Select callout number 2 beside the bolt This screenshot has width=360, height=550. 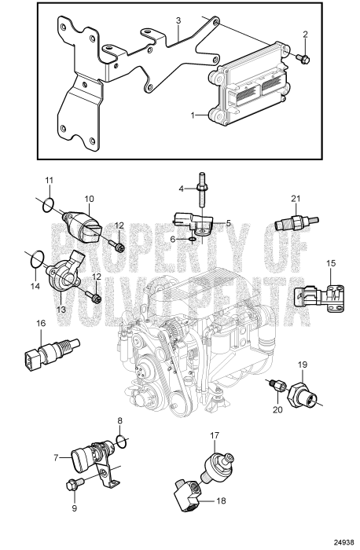pos(305,34)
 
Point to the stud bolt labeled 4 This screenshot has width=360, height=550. pos(202,189)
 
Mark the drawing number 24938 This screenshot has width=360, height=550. pos(342,541)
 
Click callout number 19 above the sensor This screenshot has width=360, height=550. pos(303,365)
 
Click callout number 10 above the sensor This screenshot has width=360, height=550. pos(89,199)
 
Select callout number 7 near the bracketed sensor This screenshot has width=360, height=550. pos(56,456)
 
